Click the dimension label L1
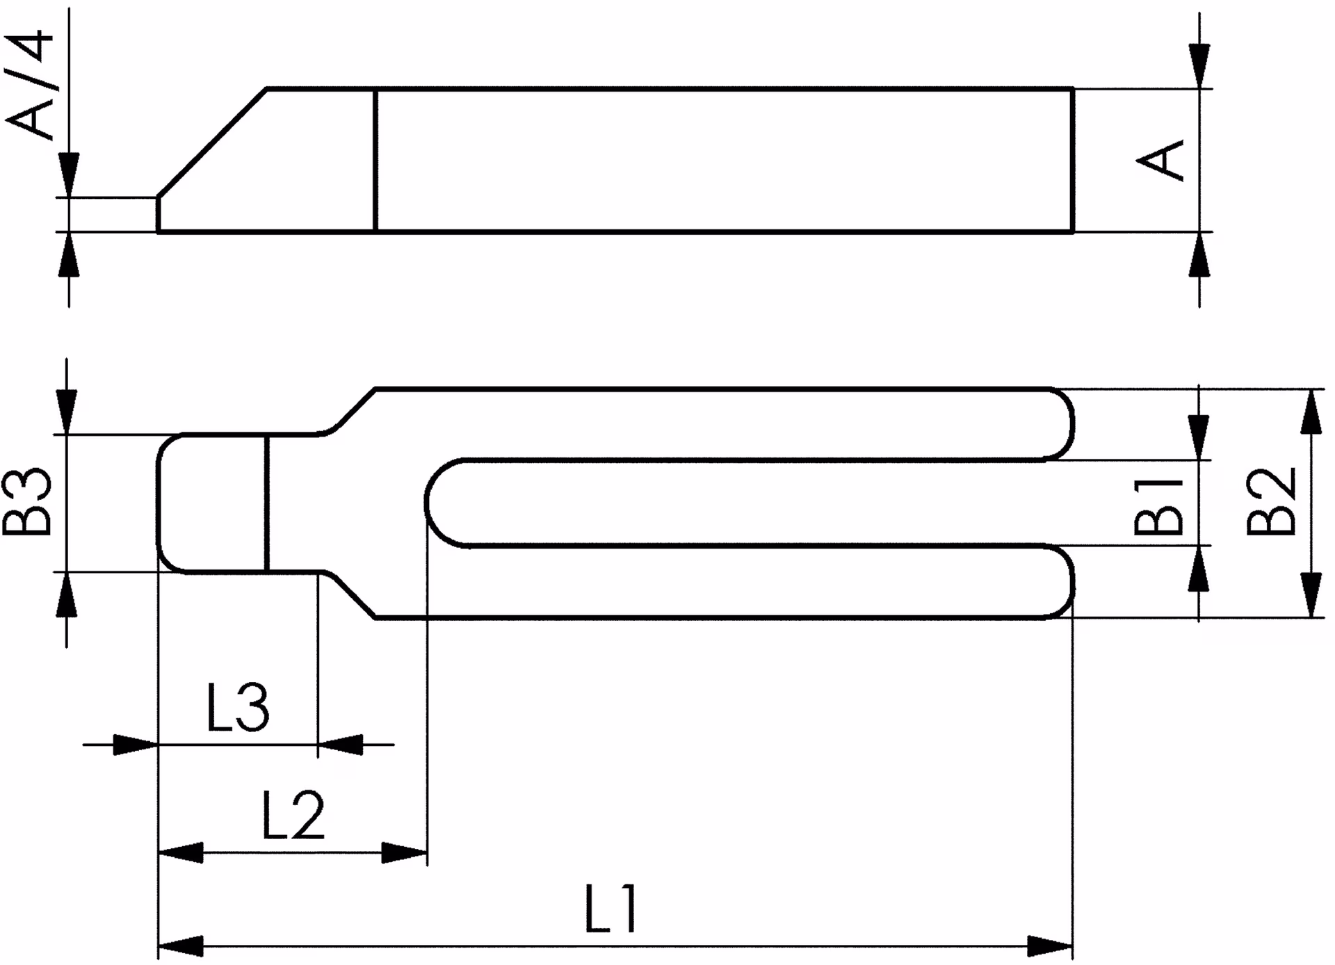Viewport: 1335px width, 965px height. click(x=610, y=909)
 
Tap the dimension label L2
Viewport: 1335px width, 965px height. click(x=293, y=814)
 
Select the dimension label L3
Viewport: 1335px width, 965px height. click(x=238, y=708)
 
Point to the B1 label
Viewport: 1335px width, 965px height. click(x=1158, y=505)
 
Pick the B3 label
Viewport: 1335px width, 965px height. click(x=27, y=501)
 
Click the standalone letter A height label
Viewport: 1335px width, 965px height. click(x=1160, y=160)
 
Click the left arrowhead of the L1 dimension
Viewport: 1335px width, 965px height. click(x=181, y=946)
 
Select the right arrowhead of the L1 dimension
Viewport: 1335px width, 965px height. click(x=1050, y=946)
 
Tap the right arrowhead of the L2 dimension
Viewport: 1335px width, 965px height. click(x=405, y=852)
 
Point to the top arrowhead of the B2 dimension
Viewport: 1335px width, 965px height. click(x=1311, y=412)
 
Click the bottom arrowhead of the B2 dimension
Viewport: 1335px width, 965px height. click(x=1311, y=595)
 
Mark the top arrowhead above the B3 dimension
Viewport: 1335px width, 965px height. click(x=66, y=412)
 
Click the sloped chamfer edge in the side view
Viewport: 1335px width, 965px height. click(x=213, y=143)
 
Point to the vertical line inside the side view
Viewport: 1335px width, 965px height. click(x=375, y=160)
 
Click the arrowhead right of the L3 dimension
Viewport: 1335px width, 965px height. click(x=341, y=745)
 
